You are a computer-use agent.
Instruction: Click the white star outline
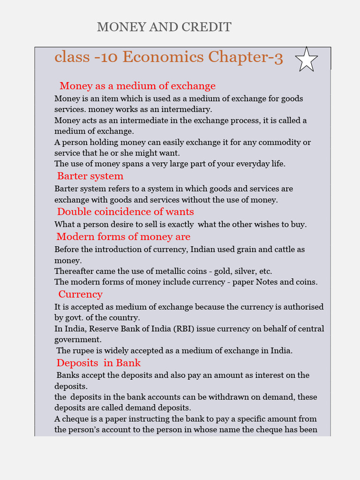point(307,60)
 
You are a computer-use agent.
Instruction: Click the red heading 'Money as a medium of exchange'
point(137,86)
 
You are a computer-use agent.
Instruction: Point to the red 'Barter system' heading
point(90,176)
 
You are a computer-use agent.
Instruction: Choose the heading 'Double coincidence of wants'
point(125,211)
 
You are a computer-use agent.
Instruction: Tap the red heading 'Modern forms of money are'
point(123,236)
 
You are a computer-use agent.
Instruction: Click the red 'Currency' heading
point(80,294)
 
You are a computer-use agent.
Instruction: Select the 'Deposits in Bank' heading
point(98,363)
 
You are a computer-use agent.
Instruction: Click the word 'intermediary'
point(186,109)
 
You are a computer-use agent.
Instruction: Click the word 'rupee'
point(84,350)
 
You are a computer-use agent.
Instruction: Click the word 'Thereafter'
point(75,271)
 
